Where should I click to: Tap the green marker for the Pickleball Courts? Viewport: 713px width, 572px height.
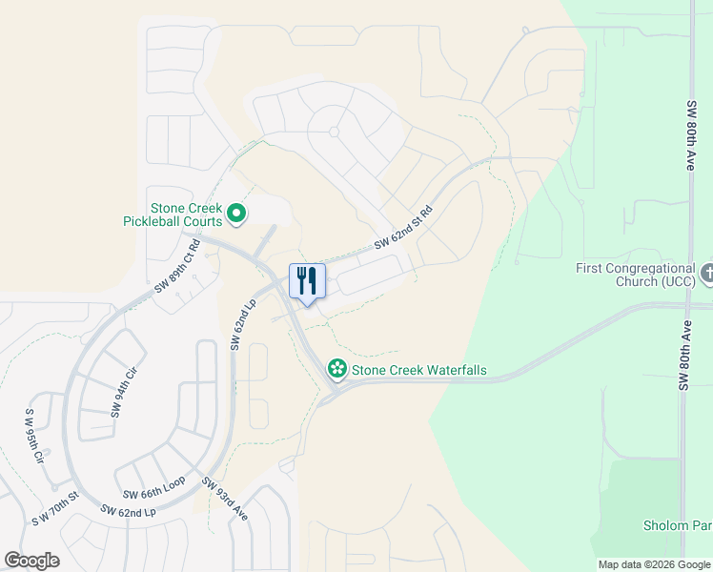(237, 215)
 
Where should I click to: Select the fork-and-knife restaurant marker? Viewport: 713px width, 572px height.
(307, 281)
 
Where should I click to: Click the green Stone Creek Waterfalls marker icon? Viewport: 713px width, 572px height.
(336, 368)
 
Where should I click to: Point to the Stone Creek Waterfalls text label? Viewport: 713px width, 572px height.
(419, 369)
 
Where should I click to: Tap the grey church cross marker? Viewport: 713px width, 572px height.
(706, 275)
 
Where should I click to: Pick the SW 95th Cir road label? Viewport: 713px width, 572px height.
(35, 438)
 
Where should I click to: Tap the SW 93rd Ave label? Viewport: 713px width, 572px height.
(225, 498)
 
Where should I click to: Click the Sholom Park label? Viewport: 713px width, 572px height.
(678, 526)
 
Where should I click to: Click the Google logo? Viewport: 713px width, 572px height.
(31, 561)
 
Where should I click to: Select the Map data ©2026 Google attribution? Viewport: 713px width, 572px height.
(653, 564)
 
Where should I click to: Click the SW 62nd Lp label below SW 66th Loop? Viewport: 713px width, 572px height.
(129, 512)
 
